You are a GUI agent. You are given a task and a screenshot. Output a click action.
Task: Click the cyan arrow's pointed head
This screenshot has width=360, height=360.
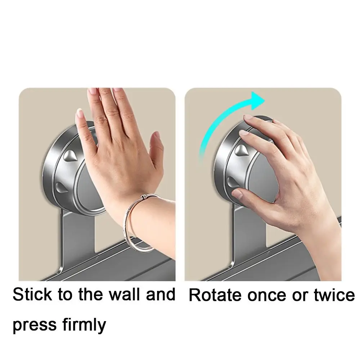tap(258, 100)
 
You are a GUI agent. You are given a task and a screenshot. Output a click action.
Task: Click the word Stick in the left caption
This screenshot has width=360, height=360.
tap(32, 294)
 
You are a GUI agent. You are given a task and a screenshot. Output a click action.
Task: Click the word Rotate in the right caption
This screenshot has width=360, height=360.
tap(215, 295)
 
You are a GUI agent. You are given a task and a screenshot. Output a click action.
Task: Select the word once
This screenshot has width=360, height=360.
tap(267, 296)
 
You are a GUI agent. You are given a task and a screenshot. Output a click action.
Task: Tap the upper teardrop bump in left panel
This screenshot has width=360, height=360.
tap(71, 155)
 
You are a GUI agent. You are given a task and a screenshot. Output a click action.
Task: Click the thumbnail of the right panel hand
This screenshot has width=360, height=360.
tap(237, 194)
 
